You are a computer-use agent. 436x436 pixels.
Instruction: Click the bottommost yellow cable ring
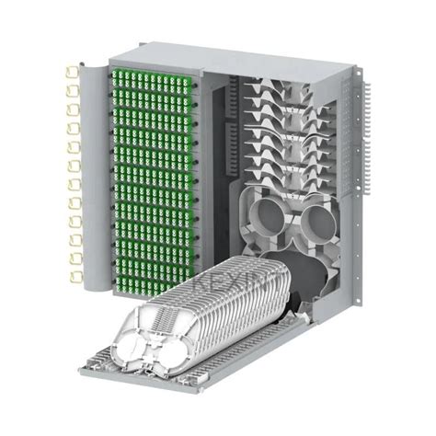coord(71,276)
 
